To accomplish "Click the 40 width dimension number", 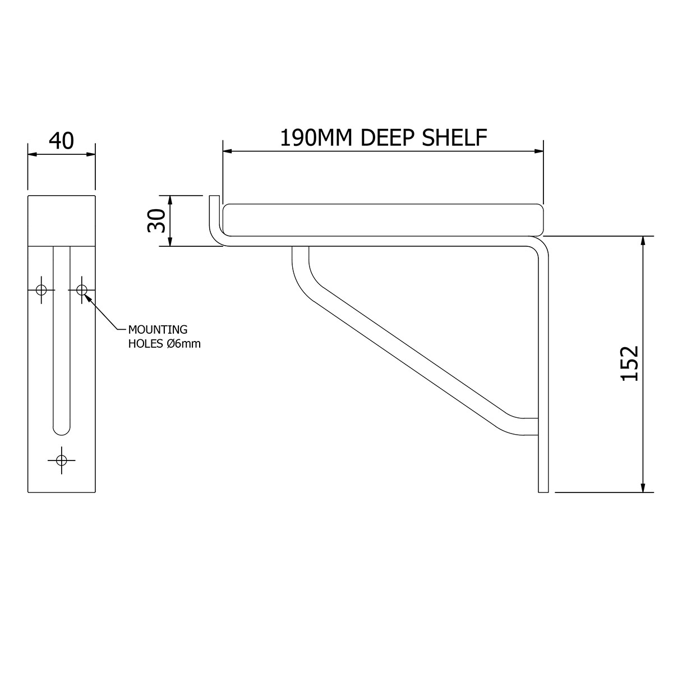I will [61, 141].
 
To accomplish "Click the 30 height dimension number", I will [156, 220].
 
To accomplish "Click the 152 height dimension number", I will [629, 363].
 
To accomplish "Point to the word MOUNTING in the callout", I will [158, 329].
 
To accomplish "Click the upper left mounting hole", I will [40, 290].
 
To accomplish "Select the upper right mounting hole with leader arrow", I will [82, 290].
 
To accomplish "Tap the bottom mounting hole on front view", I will [62, 460].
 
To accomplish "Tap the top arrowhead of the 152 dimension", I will [643, 241].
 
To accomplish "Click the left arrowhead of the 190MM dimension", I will [227, 150].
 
